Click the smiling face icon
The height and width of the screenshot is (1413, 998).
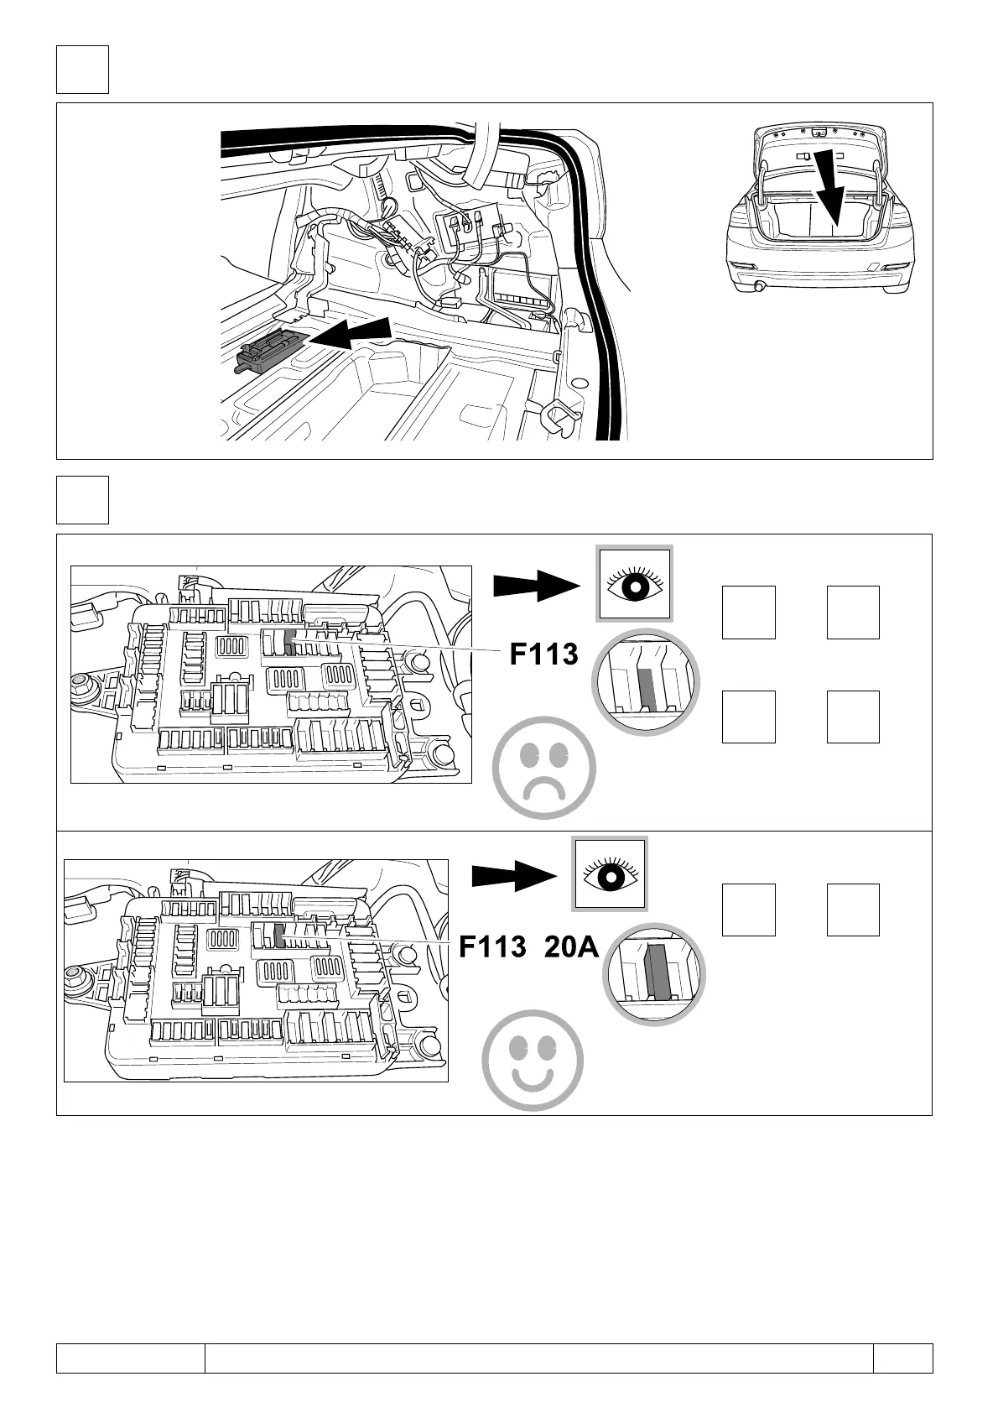pyautogui.click(x=533, y=1060)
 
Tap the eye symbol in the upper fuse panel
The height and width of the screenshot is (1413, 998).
pyautogui.click(x=634, y=585)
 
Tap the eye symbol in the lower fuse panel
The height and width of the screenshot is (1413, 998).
pyautogui.click(x=610, y=874)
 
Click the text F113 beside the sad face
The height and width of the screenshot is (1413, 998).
pyautogui.click(x=544, y=654)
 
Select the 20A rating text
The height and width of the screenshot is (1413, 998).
pyautogui.click(x=571, y=947)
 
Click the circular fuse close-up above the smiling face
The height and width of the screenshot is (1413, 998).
pyautogui.click(x=654, y=975)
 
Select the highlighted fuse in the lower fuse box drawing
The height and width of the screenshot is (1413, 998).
pyautogui.click(x=279, y=936)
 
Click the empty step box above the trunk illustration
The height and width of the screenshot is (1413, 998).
pyautogui.click(x=82, y=70)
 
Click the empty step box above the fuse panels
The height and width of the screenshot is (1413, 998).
pyautogui.click(x=82, y=500)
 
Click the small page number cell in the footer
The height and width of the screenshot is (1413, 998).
pyautogui.click(x=902, y=1358)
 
